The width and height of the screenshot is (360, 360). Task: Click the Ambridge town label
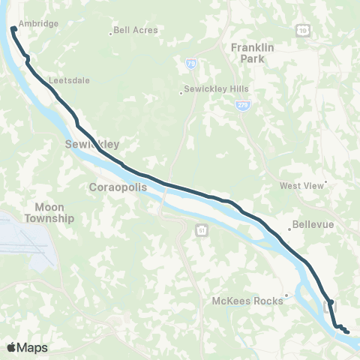point(39,24)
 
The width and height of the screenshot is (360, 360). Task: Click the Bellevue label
point(313,224)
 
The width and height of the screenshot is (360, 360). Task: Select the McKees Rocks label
point(247,301)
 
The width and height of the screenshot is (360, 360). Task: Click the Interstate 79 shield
point(192,65)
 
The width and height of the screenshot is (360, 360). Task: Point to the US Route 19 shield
point(301,30)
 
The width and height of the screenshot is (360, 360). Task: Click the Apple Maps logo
point(28,347)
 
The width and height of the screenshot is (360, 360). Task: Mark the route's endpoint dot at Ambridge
point(13,29)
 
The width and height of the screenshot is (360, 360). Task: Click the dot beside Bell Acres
point(111,32)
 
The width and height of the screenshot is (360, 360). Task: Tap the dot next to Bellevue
point(289,229)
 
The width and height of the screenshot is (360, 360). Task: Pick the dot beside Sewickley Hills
point(181,94)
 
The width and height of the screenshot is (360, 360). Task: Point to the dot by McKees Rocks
point(286,295)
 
